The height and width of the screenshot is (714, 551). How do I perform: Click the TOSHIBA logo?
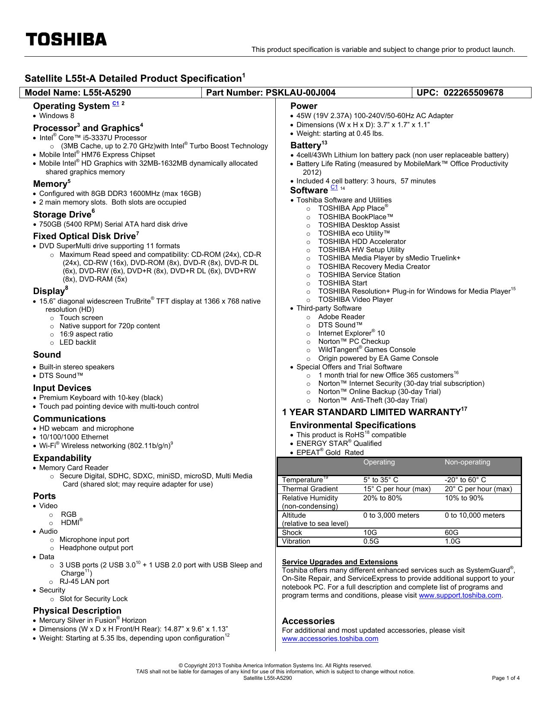click(66, 40)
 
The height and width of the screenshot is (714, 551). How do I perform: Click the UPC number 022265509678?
click(473, 93)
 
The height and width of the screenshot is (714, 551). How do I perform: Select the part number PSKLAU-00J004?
click(300, 93)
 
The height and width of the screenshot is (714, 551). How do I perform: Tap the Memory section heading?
click(50, 184)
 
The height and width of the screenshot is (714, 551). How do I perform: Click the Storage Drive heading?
click(63, 215)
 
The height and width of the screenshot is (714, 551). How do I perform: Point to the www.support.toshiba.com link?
click(460, 596)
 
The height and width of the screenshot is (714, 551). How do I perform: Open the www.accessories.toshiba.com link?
click(330, 639)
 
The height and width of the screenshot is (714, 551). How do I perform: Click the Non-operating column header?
click(467, 462)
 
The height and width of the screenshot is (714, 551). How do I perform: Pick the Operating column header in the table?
click(379, 462)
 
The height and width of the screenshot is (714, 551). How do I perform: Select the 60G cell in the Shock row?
click(452, 533)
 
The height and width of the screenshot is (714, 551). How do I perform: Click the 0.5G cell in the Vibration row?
click(371, 541)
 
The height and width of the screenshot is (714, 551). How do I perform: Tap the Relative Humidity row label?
click(310, 498)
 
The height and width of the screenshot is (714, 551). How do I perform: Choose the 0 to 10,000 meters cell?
click(475, 515)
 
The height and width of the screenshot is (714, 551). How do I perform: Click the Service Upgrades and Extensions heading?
click(340, 562)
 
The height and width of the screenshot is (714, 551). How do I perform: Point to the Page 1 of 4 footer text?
click(506, 678)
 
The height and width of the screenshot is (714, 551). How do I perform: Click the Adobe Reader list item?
click(341, 317)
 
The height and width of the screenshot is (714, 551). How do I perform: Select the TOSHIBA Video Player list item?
click(355, 300)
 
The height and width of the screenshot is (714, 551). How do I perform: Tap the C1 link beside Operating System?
click(116, 103)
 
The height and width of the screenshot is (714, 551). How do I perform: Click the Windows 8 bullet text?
click(57, 116)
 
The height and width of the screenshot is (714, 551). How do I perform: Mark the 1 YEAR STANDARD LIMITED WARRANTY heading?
click(372, 412)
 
